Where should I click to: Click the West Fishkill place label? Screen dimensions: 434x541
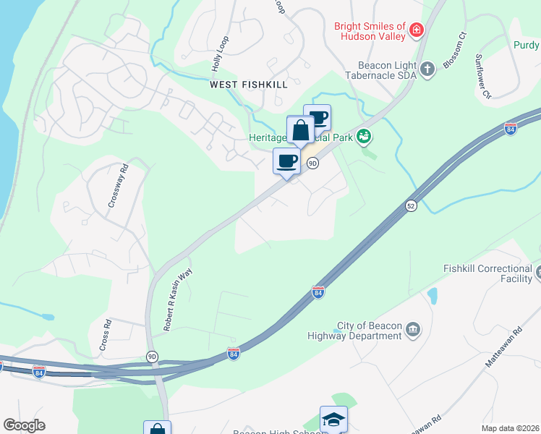pos(249,85)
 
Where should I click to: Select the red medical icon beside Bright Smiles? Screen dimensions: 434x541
pos(416,30)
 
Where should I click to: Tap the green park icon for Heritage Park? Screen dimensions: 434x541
pos(364,135)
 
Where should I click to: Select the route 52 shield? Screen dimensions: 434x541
pos(411,205)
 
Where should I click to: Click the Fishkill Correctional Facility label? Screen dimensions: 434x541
pos(487,273)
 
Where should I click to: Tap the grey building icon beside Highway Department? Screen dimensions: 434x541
pos(413,330)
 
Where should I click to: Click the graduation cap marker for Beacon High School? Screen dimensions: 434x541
pos(333,419)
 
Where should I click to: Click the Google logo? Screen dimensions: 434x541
pos(24,425)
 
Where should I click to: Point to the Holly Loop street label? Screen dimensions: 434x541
pos(220,54)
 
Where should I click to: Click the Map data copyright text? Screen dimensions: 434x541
pos(510,428)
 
